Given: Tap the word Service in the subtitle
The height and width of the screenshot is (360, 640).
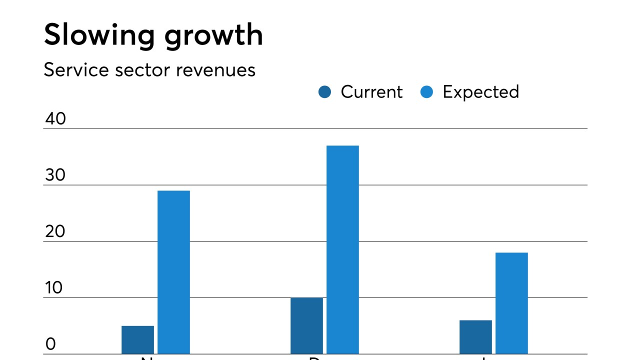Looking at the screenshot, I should point(75,70).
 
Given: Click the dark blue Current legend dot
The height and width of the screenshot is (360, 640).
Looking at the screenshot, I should point(325,92).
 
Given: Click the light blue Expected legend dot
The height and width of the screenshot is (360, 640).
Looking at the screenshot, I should point(427,92).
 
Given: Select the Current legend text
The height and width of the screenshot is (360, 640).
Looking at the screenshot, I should point(371,92).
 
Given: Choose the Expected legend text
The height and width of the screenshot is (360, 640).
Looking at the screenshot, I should point(480,92).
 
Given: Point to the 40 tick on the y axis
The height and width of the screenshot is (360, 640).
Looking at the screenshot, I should point(55,119).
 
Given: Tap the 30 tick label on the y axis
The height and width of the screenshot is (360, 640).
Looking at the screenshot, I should point(55,175).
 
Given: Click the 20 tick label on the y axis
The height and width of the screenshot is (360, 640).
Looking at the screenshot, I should point(55,232).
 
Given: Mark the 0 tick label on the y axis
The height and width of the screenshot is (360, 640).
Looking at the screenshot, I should point(50,344).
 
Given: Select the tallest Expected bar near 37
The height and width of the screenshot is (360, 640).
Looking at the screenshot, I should point(342,250).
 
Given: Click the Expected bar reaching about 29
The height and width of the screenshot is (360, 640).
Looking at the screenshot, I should point(173,272).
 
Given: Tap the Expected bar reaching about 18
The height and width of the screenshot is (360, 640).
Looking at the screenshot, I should point(511,303).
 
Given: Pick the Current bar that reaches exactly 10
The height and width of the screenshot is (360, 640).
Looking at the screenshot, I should point(306,326).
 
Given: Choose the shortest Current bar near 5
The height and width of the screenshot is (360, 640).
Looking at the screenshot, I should point(137,340).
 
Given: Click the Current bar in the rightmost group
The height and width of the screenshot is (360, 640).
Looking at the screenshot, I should point(475,337).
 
